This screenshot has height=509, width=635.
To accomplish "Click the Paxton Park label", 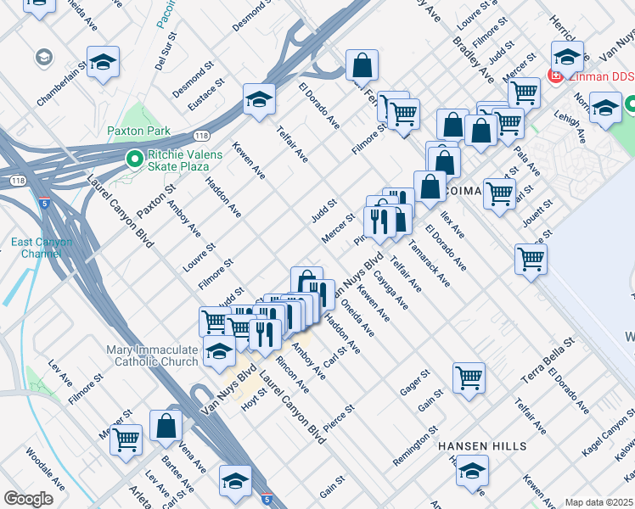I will click(138, 131).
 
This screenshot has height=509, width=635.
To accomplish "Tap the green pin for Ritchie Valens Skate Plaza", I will click(133, 159).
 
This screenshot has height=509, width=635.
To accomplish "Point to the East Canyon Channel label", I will click(42, 248).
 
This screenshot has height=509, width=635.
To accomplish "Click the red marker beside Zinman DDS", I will click(555, 76).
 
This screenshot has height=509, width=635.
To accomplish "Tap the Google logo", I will click(28, 499).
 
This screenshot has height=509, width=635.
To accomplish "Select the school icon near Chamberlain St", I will click(103, 62).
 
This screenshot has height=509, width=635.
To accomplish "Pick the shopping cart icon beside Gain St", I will click(469, 377).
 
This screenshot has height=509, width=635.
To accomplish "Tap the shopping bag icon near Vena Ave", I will click(166, 427).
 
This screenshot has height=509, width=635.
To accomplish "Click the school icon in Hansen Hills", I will click(473, 473).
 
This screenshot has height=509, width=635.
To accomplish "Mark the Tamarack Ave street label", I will click(429, 262).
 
